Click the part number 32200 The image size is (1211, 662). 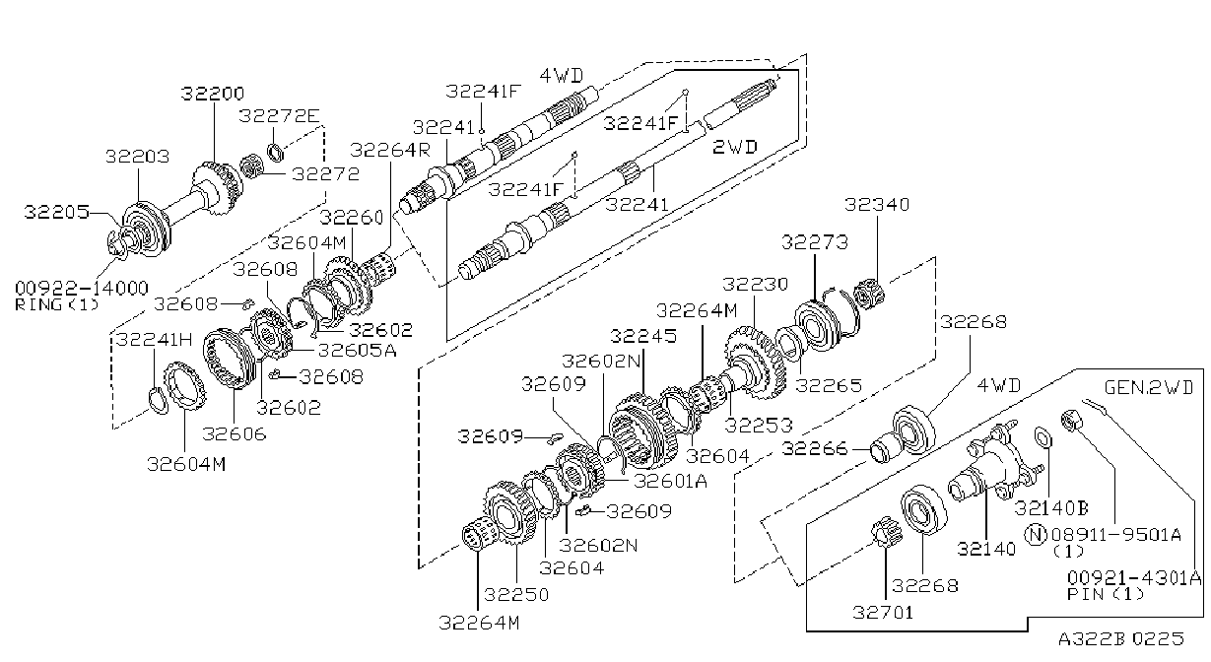213,94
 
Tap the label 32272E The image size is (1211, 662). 279,115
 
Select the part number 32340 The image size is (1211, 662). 877,204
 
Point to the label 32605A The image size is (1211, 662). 358,350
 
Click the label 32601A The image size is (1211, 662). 670,481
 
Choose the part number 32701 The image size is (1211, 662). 883,613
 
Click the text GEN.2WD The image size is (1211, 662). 1148,387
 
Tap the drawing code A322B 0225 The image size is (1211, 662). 1121,638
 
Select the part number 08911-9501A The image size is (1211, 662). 1115,535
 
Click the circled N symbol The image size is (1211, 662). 1036,535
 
